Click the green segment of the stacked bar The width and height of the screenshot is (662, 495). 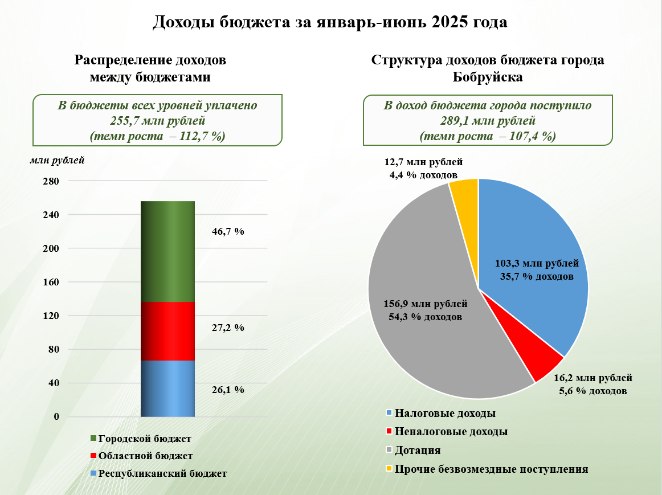(167, 252)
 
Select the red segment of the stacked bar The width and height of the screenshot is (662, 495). (167, 332)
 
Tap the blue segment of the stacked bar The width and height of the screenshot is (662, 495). (167, 388)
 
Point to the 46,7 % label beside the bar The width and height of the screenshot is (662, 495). (228, 231)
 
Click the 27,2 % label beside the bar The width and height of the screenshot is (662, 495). (228, 328)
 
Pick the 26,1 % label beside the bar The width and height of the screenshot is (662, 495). (228, 390)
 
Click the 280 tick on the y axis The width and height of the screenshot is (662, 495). (51, 181)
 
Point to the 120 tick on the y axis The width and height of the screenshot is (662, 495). (51, 316)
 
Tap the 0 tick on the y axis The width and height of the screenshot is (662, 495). (56, 416)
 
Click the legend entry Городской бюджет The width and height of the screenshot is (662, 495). (141, 439)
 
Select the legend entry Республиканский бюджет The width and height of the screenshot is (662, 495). (159, 473)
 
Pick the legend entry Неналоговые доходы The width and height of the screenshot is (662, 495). (447, 431)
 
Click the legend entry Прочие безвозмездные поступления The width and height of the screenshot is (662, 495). (487, 469)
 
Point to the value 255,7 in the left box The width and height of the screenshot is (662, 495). (124, 121)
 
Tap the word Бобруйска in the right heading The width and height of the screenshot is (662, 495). (488, 77)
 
